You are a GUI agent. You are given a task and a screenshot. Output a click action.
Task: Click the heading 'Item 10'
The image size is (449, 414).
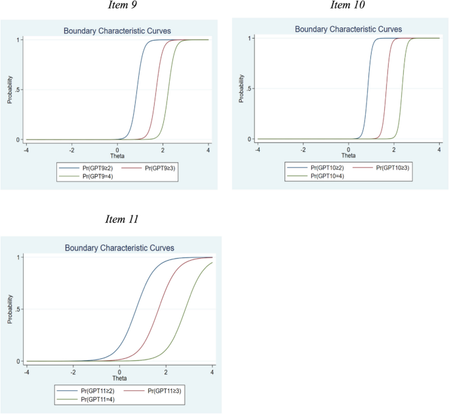pyautogui.click(x=347, y=6)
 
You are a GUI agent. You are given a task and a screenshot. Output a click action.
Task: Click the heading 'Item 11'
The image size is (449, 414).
pyautogui.click(x=122, y=218)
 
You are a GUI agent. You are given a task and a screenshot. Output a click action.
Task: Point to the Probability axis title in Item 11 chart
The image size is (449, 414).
pyautogui.click(x=10, y=309)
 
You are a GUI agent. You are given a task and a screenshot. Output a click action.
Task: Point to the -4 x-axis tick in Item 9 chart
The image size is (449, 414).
pyautogui.click(x=26, y=150)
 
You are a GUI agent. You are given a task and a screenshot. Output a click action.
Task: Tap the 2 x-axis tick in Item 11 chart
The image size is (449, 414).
pyautogui.click(x=166, y=372)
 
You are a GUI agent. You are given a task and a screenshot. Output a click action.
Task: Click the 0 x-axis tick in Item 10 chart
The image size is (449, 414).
pyautogui.click(x=349, y=149)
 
